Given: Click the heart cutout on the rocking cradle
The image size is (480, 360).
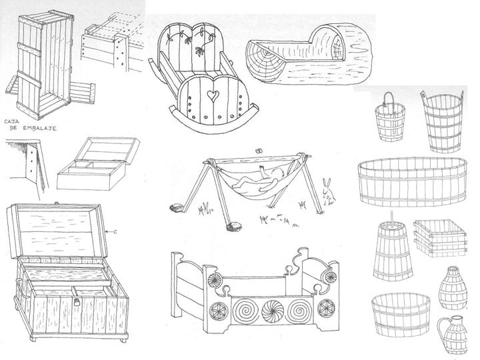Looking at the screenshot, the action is tap(211, 95).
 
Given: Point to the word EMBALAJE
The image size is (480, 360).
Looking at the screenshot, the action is tap(40, 129).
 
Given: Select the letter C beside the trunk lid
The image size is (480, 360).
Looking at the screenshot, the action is tap(115, 232).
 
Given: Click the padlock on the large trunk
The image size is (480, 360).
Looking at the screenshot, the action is tap(77, 302).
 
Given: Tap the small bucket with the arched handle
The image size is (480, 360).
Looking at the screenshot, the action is tap(390, 118).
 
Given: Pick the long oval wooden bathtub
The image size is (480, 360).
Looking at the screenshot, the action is tap(413, 181).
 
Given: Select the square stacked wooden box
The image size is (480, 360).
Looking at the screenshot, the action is tap(440, 238).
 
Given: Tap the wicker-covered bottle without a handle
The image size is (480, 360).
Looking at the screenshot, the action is tap(453, 287).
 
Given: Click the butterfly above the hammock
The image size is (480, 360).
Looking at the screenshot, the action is tap(259, 150).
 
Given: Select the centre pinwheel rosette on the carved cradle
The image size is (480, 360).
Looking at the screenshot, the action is tap(273, 311).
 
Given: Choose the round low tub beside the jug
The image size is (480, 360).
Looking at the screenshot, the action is tap(401, 315).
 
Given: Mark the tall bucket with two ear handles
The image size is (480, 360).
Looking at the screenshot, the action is tap(443, 121).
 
